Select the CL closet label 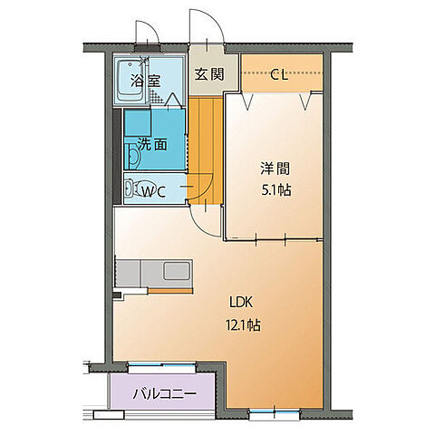click(x=279, y=75)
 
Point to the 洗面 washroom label click(x=151, y=143)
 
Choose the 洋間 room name click(x=275, y=169)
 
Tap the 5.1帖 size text click(x=275, y=190)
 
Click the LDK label click(x=239, y=304)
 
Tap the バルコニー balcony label click(x=160, y=393)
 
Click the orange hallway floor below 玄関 click(x=205, y=136)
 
